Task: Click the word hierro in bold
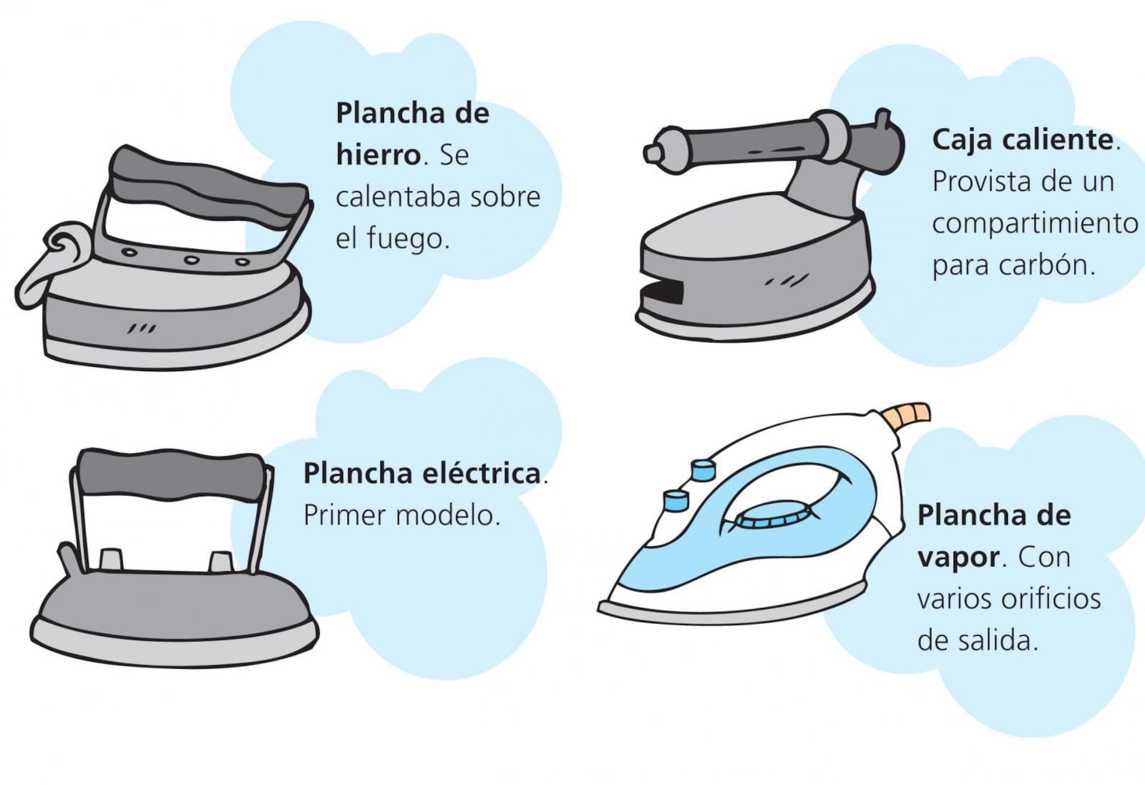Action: [x=379, y=155]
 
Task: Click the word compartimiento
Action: [x=1035, y=224]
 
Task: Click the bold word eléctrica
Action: [x=482, y=474]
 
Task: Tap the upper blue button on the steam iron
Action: [x=703, y=469]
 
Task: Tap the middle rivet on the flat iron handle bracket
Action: [x=191, y=260]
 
